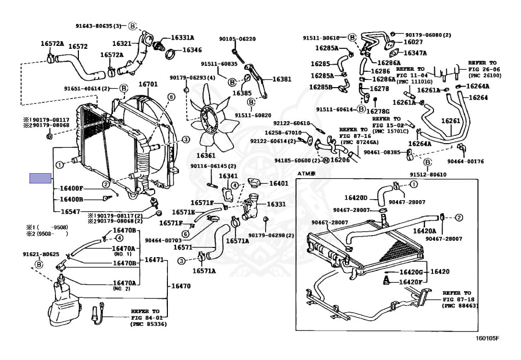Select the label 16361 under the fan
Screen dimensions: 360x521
[x=206, y=155]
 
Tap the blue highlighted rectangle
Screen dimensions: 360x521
[x=41, y=178]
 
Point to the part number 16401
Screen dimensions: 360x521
[x=278, y=183]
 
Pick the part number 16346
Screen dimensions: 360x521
[x=192, y=50]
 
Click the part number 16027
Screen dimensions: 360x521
[x=413, y=42]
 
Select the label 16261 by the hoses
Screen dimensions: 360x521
[x=450, y=121]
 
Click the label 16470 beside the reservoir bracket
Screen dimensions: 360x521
[x=181, y=286]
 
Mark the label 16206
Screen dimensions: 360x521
[x=340, y=159]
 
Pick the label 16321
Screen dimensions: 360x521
[x=122, y=44]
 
